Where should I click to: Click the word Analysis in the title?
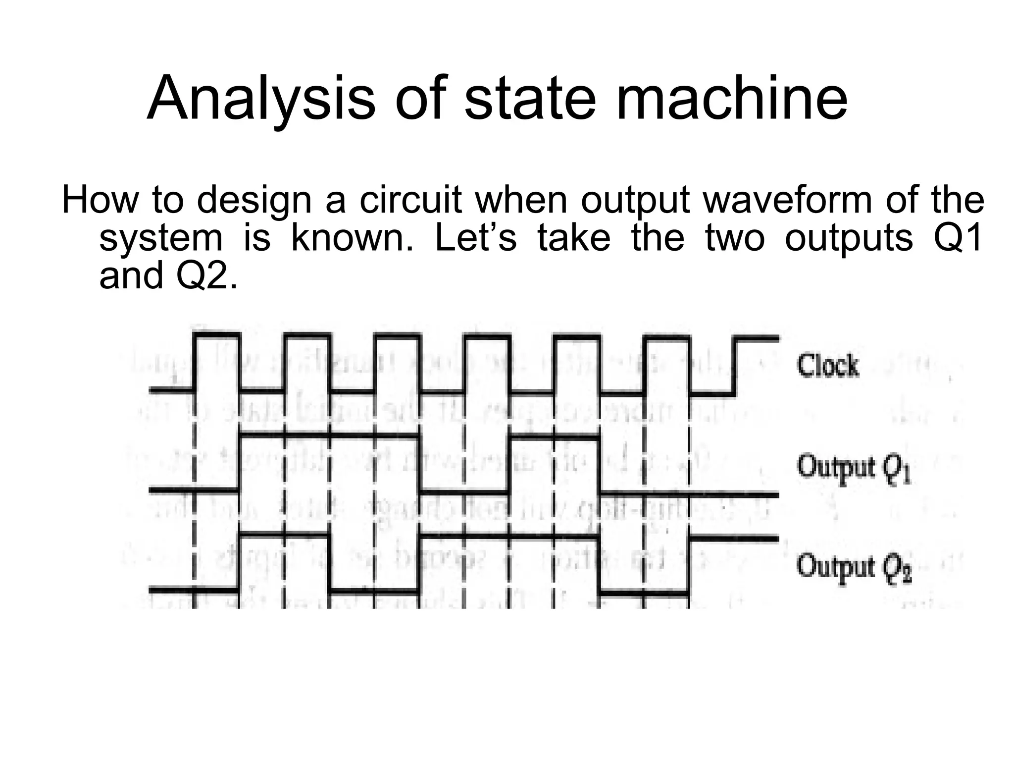(x=260, y=99)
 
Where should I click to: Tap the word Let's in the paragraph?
(x=475, y=238)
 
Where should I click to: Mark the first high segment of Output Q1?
(x=329, y=436)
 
